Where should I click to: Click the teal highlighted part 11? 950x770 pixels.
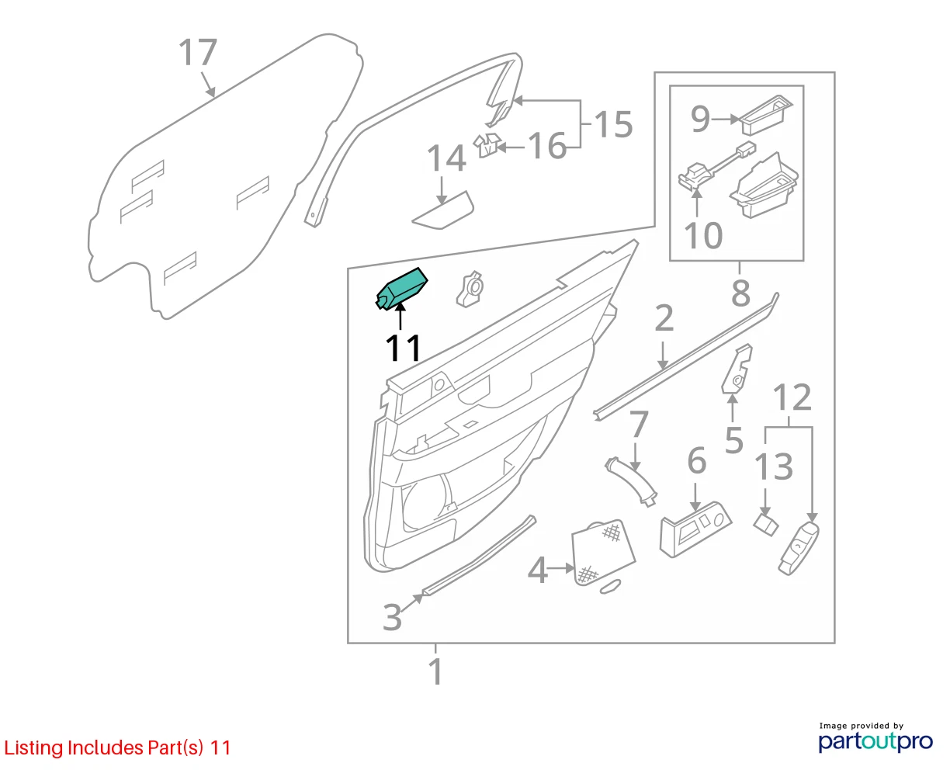coord(401,289)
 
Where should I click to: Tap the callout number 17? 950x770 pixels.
coord(198,53)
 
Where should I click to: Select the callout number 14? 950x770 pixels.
coord(446,158)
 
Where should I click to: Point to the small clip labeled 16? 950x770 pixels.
coord(487,145)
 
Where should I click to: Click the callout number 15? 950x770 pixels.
coord(613,123)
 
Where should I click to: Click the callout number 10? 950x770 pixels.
coord(703,235)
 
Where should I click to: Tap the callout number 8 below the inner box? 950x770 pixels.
coord(740,293)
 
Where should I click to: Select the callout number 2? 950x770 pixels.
coord(664,318)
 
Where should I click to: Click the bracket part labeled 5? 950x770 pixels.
coord(737,369)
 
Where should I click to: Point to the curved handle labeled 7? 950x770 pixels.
coord(631,481)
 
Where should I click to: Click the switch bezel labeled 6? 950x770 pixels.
coord(695,529)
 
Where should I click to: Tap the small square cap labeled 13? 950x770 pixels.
coord(766,525)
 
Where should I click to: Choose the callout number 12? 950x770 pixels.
coord(792,397)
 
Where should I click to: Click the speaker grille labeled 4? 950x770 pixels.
coord(603,553)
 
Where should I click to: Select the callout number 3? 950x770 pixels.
coord(392,617)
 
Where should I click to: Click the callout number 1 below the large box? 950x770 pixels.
coord(435,671)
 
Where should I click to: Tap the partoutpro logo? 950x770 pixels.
coord(875,738)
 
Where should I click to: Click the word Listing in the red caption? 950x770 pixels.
coord(34,748)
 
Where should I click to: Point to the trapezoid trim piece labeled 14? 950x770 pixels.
coord(443,211)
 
